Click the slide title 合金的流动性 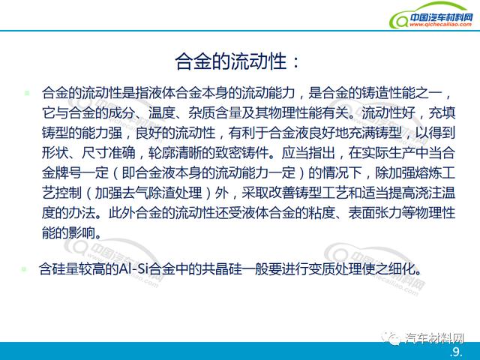[231, 61]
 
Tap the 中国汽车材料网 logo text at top [442, 17]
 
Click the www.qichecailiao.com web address [440, 25]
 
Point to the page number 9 [456, 352]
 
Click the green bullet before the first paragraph [27, 92]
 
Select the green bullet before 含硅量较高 [24, 269]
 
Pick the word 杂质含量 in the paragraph [215, 113]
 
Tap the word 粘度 [322, 213]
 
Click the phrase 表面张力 [375, 213]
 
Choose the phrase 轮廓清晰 [175, 153]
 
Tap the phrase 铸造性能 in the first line [388, 93]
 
